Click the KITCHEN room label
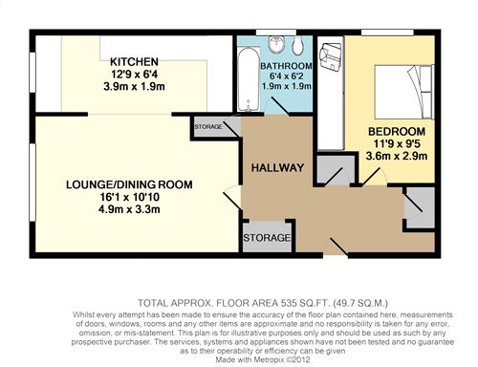[x=134, y=61]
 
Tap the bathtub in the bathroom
[x=249, y=79]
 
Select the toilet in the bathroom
[x=298, y=45]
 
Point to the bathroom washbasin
[x=276, y=44]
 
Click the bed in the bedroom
[x=404, y=92]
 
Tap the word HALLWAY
[x=277, y=168]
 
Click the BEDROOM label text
[x=397, y=131]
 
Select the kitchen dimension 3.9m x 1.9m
[x=134, y=86]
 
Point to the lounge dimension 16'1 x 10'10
[x=129, y=197]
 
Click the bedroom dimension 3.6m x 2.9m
[x=397, y=156]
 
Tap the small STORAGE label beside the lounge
[x=208, y=127]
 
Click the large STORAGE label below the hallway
[x=267, y=238]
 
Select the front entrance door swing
[x=338, y=247]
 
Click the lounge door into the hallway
[x=232, y=197]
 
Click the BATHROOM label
[x=286, y=66]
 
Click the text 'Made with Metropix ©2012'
[x=263, y=360]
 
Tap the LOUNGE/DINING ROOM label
[x=129, y=184]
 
